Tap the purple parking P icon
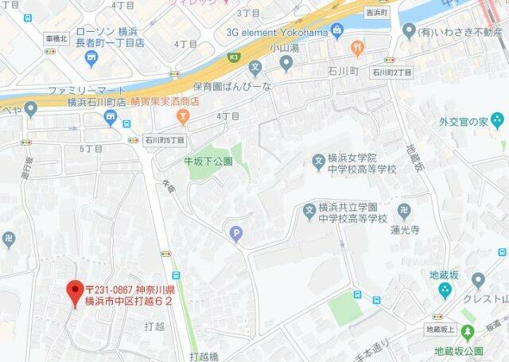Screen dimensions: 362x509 point(235,233)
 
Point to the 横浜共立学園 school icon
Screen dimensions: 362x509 point(309,211)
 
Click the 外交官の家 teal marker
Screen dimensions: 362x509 point(497,121)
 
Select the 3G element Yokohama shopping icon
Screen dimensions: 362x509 point(337,31)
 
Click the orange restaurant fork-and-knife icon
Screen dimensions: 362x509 point(357,49)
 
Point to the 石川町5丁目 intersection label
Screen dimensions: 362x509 point(165,140)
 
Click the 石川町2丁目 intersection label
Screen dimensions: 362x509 point(392,72)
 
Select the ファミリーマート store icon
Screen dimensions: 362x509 point(110,119)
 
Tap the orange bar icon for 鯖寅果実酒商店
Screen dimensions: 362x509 point(184,118)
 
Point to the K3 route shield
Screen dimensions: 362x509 point(233,57)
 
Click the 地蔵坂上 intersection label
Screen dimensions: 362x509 point(440,329)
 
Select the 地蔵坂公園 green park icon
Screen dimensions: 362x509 point(468,333)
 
